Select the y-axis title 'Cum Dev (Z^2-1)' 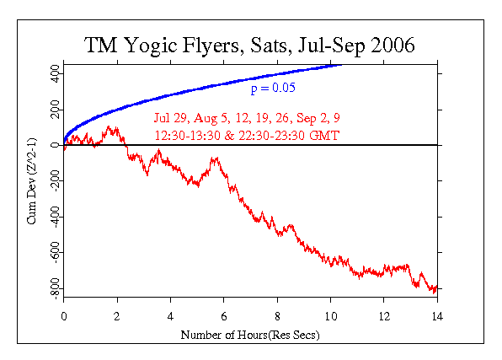coord(32,181)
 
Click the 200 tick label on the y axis coord(52,110)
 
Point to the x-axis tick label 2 coord(117,317)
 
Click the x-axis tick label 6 coord(224,317)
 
